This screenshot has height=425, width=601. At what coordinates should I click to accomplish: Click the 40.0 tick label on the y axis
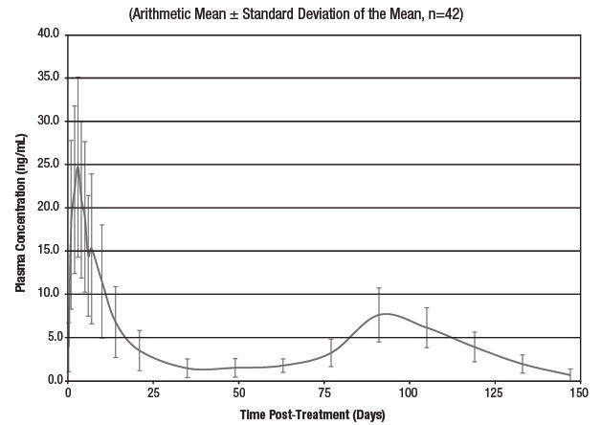[49, 34]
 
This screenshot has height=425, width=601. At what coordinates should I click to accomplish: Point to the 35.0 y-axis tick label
[49, 78]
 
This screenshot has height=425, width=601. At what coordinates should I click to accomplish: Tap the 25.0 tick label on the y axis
[49, 165]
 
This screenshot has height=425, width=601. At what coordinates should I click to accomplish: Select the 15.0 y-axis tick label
[49, 251]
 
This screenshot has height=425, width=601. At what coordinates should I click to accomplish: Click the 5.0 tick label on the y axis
[52, 337]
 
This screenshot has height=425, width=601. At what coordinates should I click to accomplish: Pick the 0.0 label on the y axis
[52, 380]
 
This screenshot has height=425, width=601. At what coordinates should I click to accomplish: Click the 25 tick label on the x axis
[153, 393]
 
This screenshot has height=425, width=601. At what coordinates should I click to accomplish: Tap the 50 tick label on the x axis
[238, 393]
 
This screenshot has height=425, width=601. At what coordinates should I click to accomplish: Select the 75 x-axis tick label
[323, 393]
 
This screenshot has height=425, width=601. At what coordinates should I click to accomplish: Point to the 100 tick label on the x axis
[409, 393]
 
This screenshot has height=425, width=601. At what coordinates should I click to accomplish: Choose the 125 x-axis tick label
[495, 393]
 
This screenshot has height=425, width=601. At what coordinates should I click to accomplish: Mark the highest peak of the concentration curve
[78, 167]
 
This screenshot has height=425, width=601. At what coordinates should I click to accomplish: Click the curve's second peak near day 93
[385, 313]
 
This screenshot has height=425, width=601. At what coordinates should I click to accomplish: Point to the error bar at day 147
[570, 375]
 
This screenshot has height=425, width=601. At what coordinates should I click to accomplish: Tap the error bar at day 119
[475, 347]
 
